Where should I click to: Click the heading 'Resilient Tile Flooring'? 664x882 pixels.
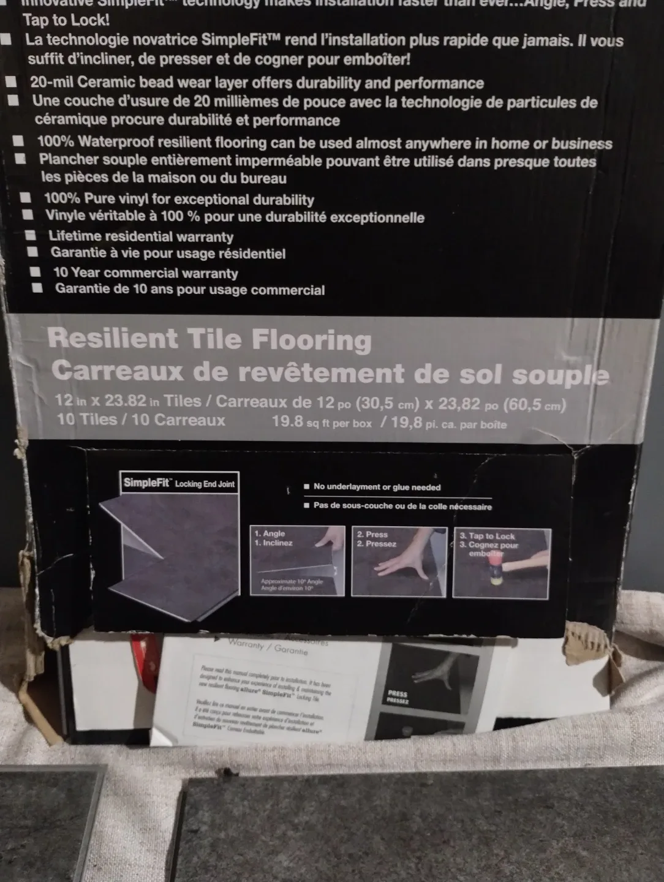209,339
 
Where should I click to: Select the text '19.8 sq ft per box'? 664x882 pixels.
322,423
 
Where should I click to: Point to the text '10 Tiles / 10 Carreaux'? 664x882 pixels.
141,420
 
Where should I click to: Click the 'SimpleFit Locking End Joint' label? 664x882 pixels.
179,483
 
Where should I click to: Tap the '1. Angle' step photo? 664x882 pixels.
297,561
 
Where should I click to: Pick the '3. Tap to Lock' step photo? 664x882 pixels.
502,562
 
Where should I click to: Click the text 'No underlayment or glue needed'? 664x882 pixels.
377,487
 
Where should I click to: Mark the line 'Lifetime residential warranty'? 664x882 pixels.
141,236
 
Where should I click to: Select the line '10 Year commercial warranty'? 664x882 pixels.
146,273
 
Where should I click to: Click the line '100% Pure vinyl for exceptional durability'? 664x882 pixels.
179,199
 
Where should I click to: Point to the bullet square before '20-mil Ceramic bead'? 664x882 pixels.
12,82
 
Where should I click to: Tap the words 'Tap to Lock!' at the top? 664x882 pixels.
66,20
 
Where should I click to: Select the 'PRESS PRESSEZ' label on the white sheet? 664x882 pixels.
398,697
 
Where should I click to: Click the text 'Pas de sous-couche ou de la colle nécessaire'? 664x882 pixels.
402,507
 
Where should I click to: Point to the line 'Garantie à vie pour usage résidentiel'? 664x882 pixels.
168,254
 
